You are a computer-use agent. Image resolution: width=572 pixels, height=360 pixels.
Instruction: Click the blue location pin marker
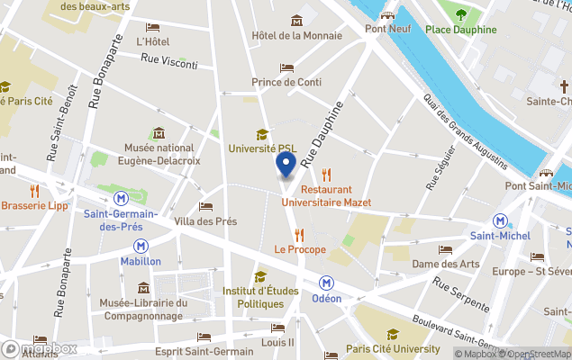pyautogui.click(x=285, y=166)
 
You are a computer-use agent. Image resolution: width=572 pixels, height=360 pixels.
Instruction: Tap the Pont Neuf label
pyautogui.click(x=387, y=29)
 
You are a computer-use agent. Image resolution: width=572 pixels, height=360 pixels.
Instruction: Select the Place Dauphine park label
pyautogui.click(x=461, y=29)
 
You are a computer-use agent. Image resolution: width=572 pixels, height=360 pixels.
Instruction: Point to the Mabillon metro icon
pyautogui.click(x=141, y=245)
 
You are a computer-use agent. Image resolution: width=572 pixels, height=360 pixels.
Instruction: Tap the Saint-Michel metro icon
pyautogui.click(x=499, y=220)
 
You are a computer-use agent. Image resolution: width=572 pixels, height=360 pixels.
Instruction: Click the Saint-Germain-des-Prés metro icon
pyautogui.click(x=121, y=198)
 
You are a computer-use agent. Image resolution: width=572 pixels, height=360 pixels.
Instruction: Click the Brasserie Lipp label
pyautogui.click(x=34, y=205)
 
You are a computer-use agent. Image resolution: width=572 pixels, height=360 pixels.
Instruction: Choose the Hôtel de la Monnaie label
pyautogui.click(x=296, y=35)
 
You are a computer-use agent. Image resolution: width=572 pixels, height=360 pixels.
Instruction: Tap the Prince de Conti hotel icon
pyautogui.click(x=286, y=67)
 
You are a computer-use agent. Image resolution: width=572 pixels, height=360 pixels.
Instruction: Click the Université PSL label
pyautogui.click(x=262, y=148)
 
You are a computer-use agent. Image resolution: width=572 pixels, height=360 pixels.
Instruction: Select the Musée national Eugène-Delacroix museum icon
pyautogui.click(x=159, y=133)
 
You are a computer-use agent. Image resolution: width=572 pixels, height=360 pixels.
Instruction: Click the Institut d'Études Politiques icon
pyautogui.click(x=260, y=276)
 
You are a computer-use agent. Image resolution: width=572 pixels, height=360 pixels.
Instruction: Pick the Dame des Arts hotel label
pyautogui.click(x=445, y=264)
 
